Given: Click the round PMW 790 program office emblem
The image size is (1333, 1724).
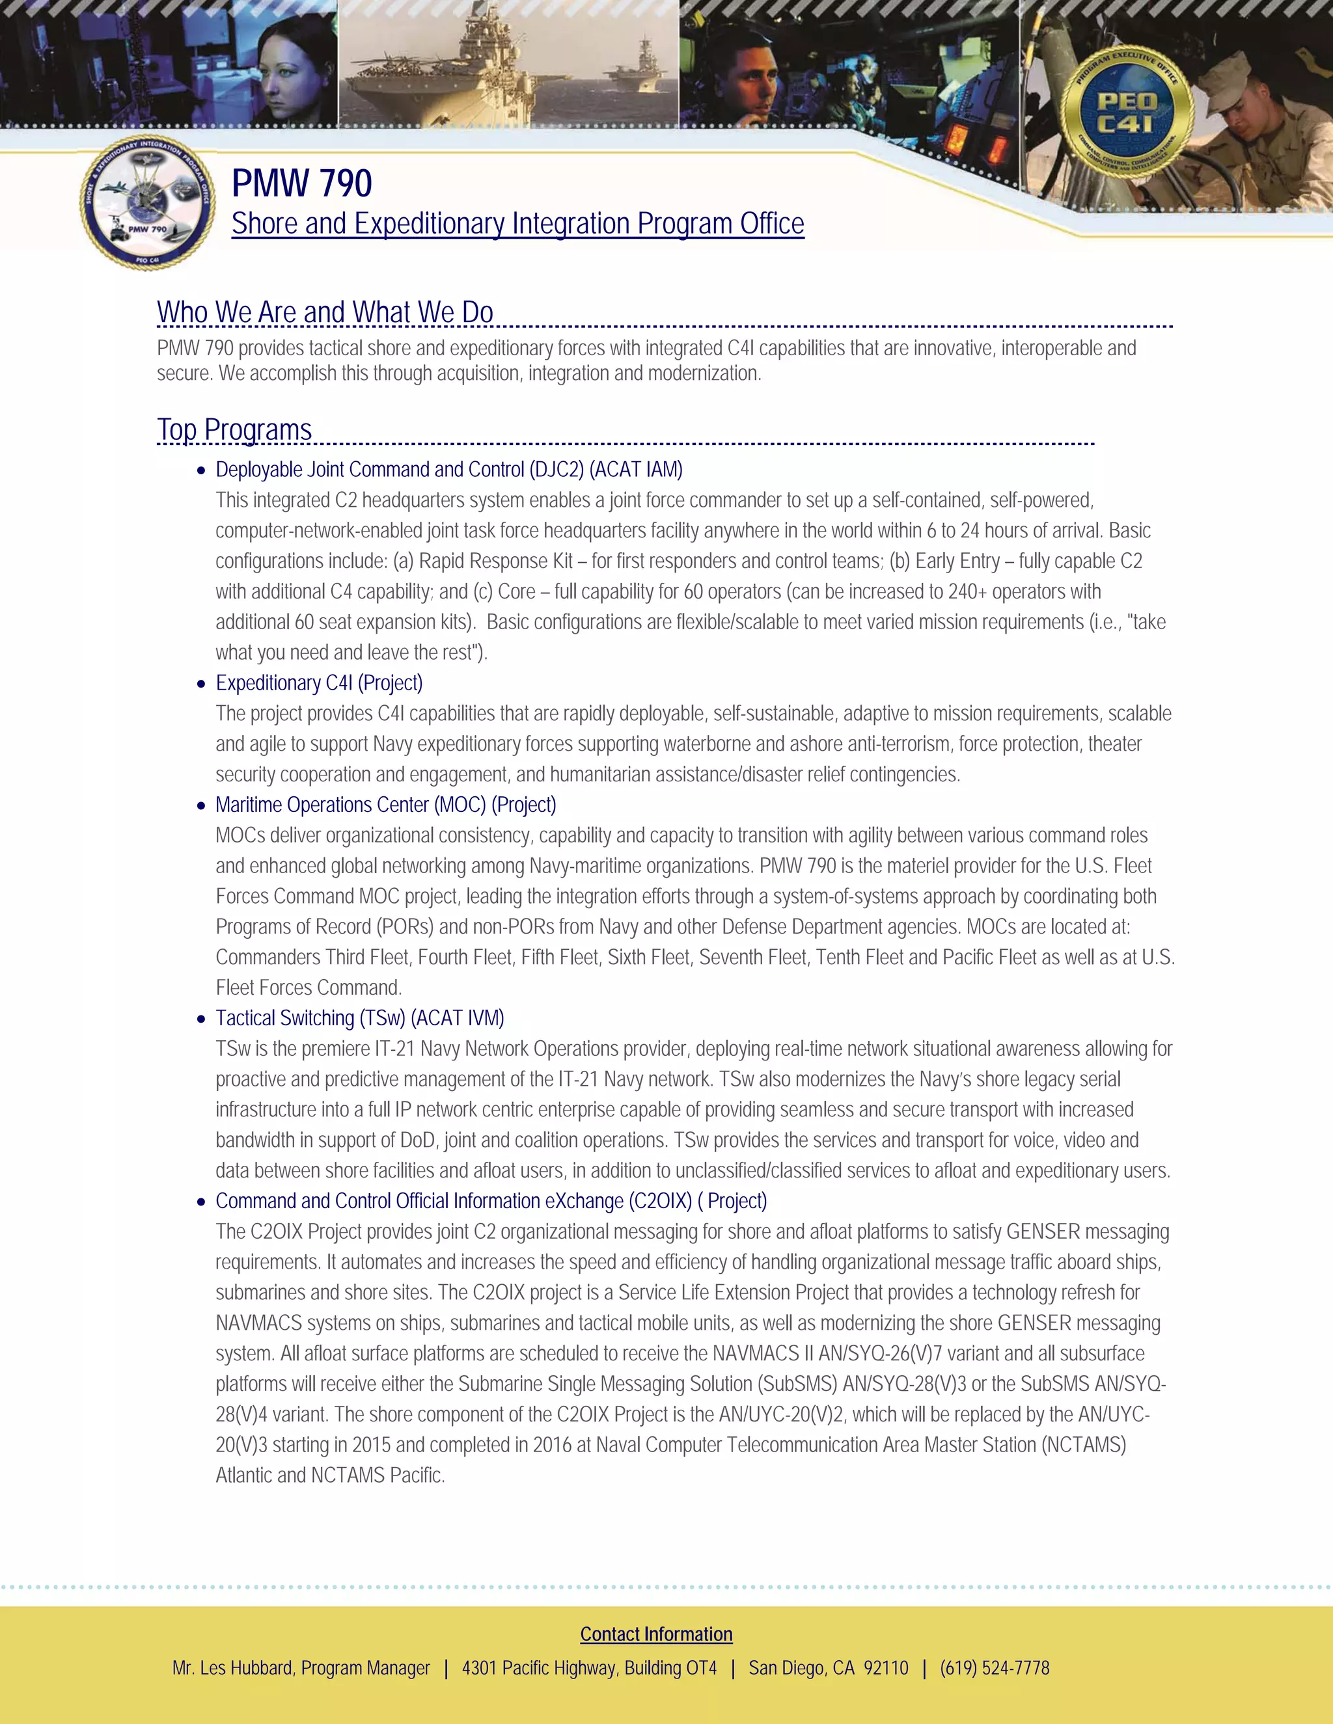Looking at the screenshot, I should point(148,203).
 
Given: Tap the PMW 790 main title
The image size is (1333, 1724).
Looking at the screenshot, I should point(301,183).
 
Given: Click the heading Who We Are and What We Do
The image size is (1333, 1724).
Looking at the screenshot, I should point(325,312).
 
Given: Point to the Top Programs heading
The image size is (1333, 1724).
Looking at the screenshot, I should point(234,430).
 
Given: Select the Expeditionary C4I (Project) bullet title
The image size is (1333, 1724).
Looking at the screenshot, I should point(319,683).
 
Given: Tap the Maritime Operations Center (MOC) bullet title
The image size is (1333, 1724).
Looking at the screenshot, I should point(385,805).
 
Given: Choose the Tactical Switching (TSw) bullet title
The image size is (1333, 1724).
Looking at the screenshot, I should point(359,1018).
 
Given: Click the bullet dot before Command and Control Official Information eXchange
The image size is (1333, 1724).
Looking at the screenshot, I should point(201,1202).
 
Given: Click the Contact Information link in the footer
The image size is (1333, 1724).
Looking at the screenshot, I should point(656,1634).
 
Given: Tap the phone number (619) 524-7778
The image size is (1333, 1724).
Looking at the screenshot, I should point(995,1668).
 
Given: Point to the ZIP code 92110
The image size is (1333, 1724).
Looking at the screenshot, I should point(885,1668).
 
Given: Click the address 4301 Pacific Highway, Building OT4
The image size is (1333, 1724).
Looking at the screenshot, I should point(589,1668).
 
